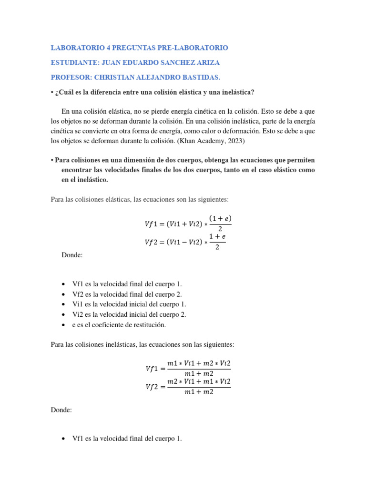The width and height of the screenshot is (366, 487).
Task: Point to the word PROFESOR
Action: (x=71, y=78)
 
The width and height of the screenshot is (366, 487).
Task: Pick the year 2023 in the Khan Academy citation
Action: (x=230, y=141)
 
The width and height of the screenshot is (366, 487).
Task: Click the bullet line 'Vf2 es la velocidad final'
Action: (x=127, y=294)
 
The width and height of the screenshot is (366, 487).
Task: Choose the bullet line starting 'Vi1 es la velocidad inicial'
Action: (x=129, y=304)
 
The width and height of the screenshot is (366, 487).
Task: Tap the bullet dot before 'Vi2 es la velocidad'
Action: (x=63, y=315)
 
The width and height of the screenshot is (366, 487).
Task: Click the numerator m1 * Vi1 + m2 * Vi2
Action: (x=199, y=363)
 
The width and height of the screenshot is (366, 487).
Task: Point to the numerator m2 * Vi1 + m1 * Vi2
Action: (x=199, y=381)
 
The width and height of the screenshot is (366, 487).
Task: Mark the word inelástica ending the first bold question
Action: (x=233, y=92)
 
